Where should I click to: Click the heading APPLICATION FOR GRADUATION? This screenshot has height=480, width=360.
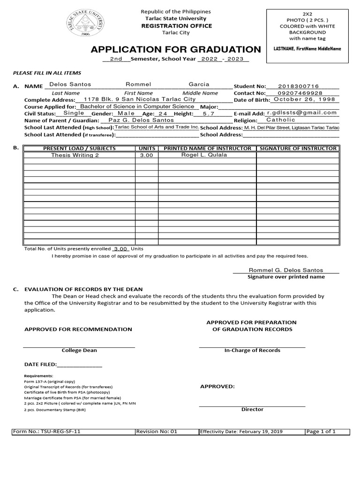(x=176, y=50)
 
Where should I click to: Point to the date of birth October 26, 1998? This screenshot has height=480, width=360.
(x=304, y=100)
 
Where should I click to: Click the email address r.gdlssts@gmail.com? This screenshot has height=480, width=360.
(x=302, y=113)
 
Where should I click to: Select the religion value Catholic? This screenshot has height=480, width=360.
(x=281, y=120)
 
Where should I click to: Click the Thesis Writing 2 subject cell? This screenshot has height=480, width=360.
(x=75, y=155)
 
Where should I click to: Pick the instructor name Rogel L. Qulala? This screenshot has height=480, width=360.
(x=204, y=155)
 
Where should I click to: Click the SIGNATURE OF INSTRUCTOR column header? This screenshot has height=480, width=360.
(x=298, y=149)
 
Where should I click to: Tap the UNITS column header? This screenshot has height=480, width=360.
(x=147, y=149)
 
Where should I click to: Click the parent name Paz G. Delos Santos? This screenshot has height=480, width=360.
(x=141, y=120)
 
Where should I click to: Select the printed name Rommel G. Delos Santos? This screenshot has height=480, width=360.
(x=285, y=270)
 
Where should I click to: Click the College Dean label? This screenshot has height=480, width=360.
(x=80, y=351)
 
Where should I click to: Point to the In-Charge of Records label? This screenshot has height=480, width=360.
(x=252, y=351)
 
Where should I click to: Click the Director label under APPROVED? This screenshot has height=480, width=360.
(x=252, y=410)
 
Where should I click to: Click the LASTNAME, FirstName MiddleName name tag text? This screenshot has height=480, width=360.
(x=307, y=49)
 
